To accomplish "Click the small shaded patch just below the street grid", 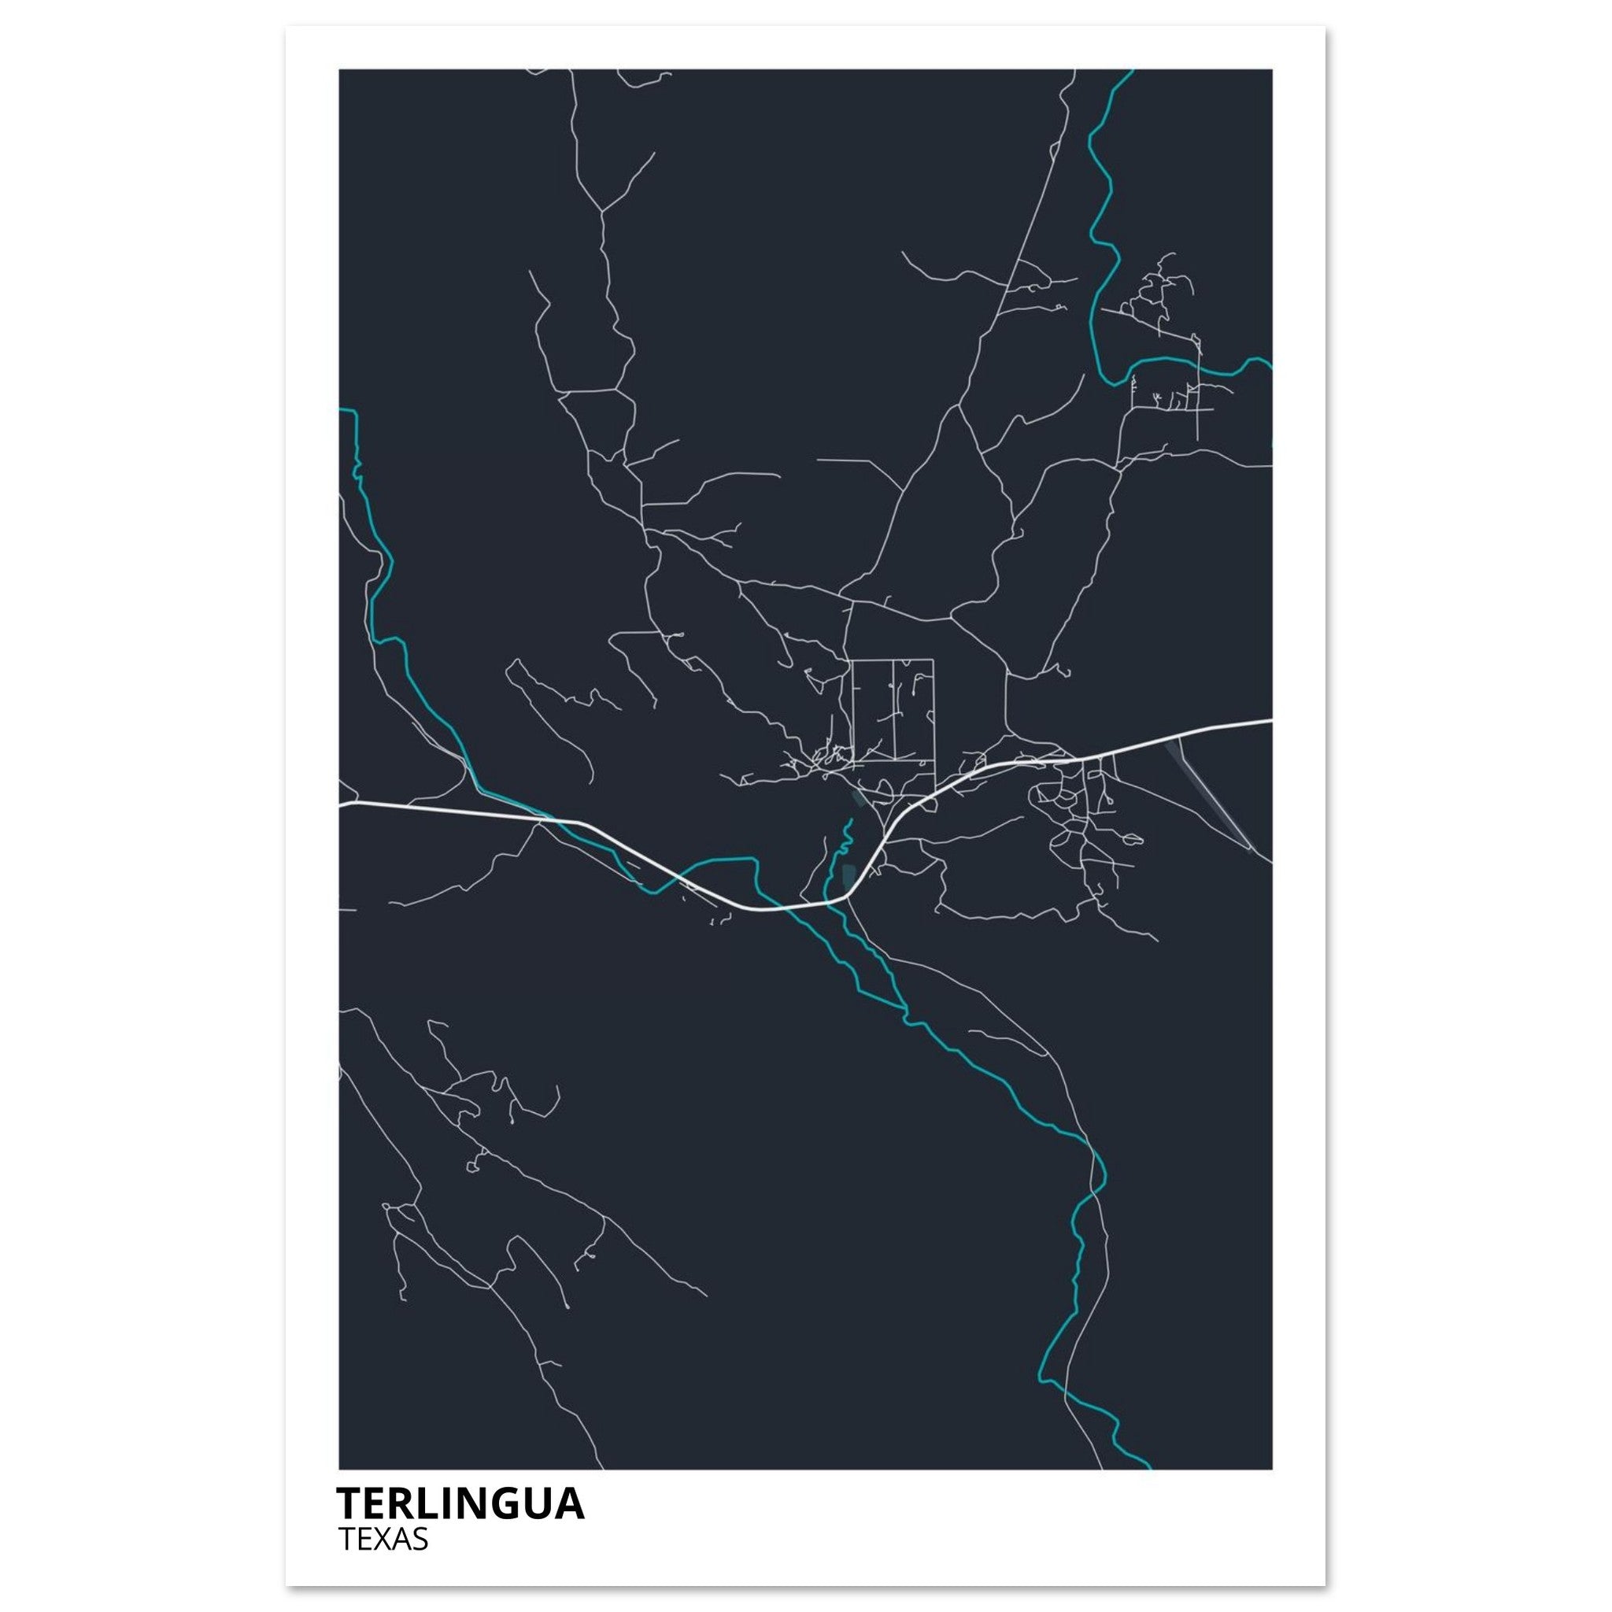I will click(858, 798).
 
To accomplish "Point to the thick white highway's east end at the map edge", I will click(1270, 720).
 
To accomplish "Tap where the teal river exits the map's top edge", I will click(1130, 72).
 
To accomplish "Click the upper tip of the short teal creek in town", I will click(852, 820).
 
